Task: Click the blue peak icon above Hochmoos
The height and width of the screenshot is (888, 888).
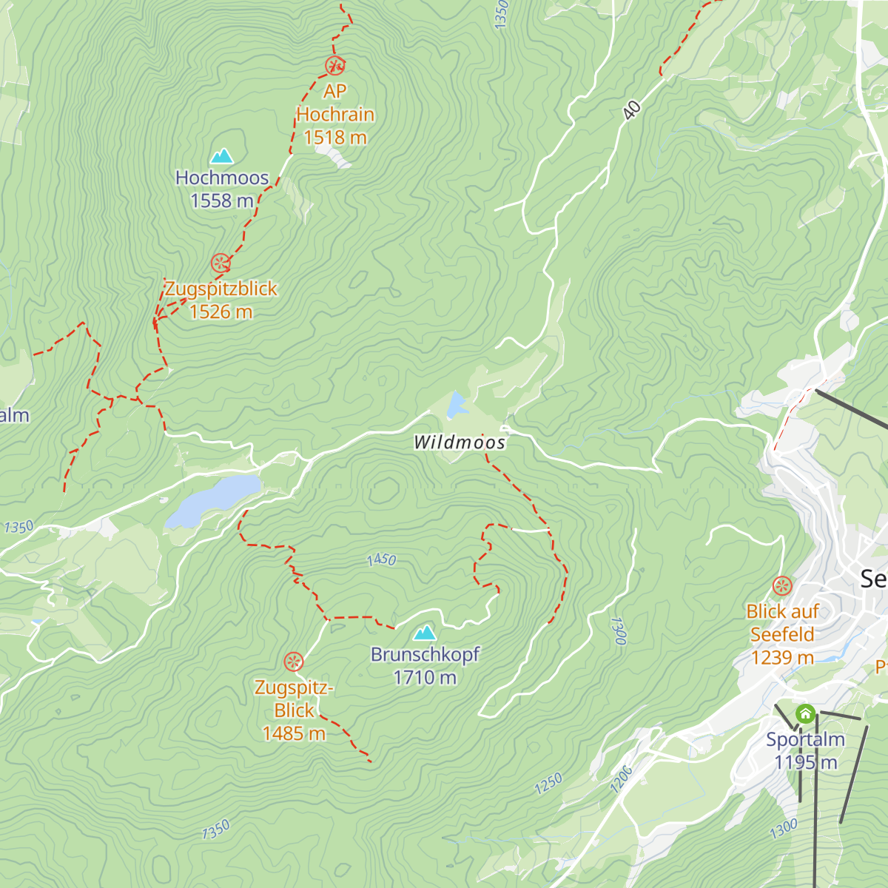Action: pyautogui.click(x=222, y=156)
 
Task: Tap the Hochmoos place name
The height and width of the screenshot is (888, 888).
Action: pyautogui.click(x=222, y=178)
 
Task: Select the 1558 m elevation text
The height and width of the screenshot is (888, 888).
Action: pyautogui.click(x=222, y=201)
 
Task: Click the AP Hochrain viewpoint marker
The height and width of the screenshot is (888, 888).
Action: pyautogui.click(x=335, y=66)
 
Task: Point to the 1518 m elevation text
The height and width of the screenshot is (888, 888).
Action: pyautogui.click(x=335, y=138)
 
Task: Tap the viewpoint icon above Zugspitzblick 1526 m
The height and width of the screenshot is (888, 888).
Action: pyautogui.click(x=221, y=263)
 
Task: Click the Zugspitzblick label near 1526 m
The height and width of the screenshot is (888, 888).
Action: pyautogui.click(x=221, y=289)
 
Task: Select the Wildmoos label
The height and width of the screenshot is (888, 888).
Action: pyautogui.click(x=460, y=443)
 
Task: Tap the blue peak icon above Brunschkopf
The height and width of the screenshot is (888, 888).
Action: pyautogui.click(x=425, y=633)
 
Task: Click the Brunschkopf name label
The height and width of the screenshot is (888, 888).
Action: pyautogui.click(x=425, y=654)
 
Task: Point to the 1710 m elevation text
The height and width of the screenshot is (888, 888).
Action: pyautogui.click(x=425, y=677)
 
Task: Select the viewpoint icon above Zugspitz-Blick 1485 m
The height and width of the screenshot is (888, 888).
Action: pyautogui.click(x=294, y=661)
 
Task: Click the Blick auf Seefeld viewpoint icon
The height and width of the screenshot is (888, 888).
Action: pyautogui.click(x=782, y=587)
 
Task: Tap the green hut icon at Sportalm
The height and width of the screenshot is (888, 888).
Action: pyautogui.click(x=805, y=714)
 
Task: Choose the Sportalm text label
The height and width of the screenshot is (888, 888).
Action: pyautogui.click(x=805, y=739)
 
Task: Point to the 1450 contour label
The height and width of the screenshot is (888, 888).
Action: pyautogui.click(x=382, y=560)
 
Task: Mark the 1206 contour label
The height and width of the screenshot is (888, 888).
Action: pyautogui.click(x=622, y=779)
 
